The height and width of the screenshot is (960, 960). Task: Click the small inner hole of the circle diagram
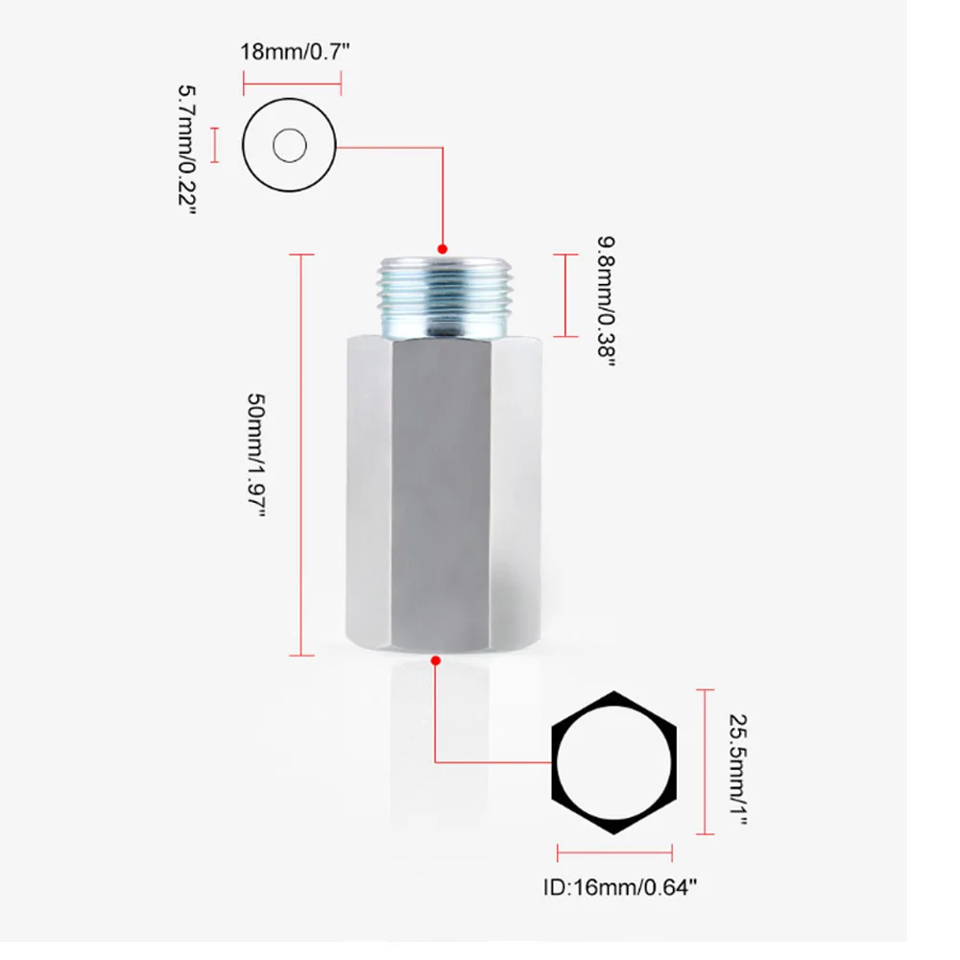click(289, 147)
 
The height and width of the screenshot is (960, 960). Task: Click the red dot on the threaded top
click(443, 248)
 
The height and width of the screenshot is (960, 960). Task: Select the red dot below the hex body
click(436, 660)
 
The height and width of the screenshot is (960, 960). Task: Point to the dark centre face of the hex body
click(443, 490)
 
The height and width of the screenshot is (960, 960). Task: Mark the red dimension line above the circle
click(292, 84)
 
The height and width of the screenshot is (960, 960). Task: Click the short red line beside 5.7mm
click(215, 146)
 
